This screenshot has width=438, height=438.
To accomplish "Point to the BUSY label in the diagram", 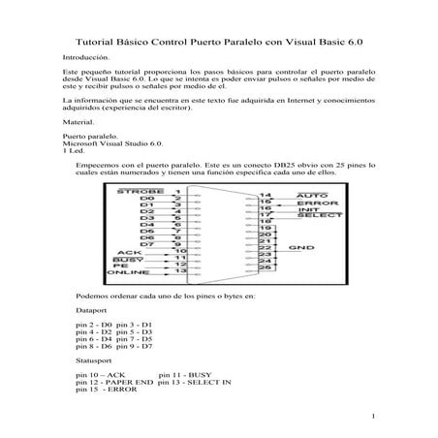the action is [x=127, y=261].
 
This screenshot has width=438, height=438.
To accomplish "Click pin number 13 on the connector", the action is [x=180, y=270].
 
